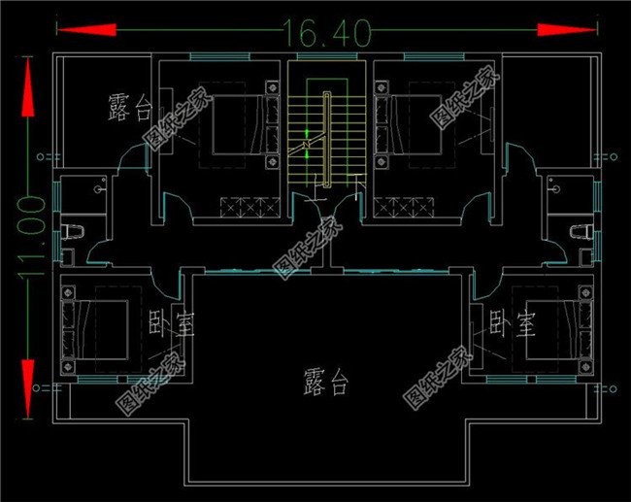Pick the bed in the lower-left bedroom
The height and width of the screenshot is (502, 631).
tap(97, 327)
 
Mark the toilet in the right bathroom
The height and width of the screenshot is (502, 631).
tap(581, 230)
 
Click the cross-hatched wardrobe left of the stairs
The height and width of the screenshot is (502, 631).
tap(249, 206)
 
